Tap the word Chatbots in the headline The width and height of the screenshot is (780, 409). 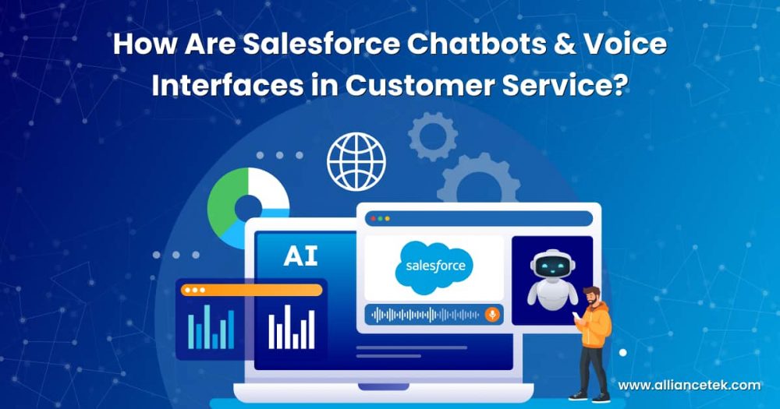pyautogui.click(x=466, y=44)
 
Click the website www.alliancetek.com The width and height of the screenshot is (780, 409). pyautogui.click(x=689, y=385)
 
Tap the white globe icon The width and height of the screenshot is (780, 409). pyautogui.click(x=356, y=162)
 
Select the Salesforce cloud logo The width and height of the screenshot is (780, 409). pyautogui.click(x=434, y=267)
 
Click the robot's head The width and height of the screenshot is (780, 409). pyautogui.click(x=553, y=266)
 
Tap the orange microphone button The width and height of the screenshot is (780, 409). pyautogui.click(x=492, y=315)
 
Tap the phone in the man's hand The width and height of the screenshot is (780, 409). pyautogui.click(x=577, y=316)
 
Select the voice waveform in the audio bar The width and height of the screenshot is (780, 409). pyautogui.click(x=425, y=315)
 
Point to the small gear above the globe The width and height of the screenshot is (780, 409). pyautogui.click(x=433, y=136)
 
